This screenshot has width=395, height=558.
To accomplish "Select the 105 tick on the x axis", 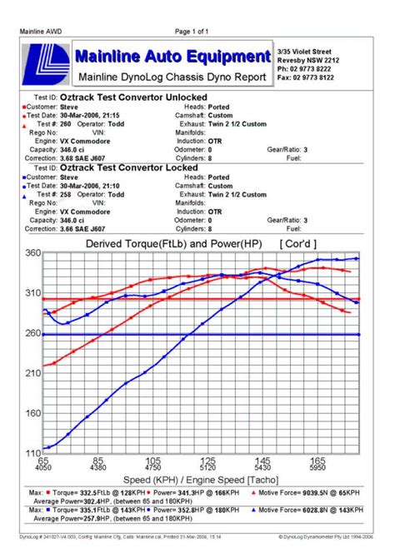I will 153,460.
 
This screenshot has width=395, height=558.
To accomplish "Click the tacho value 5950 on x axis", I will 317,468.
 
